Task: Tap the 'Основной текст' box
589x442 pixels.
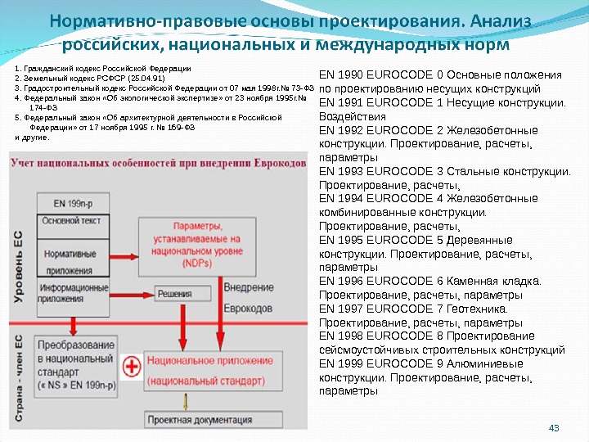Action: pyautogui.click(x=72, y=219)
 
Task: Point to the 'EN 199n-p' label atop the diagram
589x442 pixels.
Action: pyautogui.click(x=72, y=199)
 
